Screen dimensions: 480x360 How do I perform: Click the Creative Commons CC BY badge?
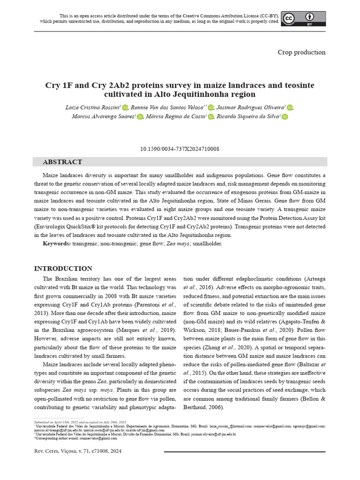(303, 18)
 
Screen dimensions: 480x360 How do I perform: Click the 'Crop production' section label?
(301, 52)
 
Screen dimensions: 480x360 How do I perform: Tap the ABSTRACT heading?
(62, 162)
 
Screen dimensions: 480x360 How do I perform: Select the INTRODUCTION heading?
(63, 269)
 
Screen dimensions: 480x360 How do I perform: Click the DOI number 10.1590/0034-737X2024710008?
(180, 149)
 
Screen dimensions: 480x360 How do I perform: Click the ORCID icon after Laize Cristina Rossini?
(125, 108)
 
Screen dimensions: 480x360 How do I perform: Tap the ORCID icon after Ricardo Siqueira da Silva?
(285, 117)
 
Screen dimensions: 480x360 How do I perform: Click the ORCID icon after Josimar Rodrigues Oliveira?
(290, 108)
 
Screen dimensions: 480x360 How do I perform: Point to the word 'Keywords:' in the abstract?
(57, 244)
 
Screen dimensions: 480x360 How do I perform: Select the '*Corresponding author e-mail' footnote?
(75, 438)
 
